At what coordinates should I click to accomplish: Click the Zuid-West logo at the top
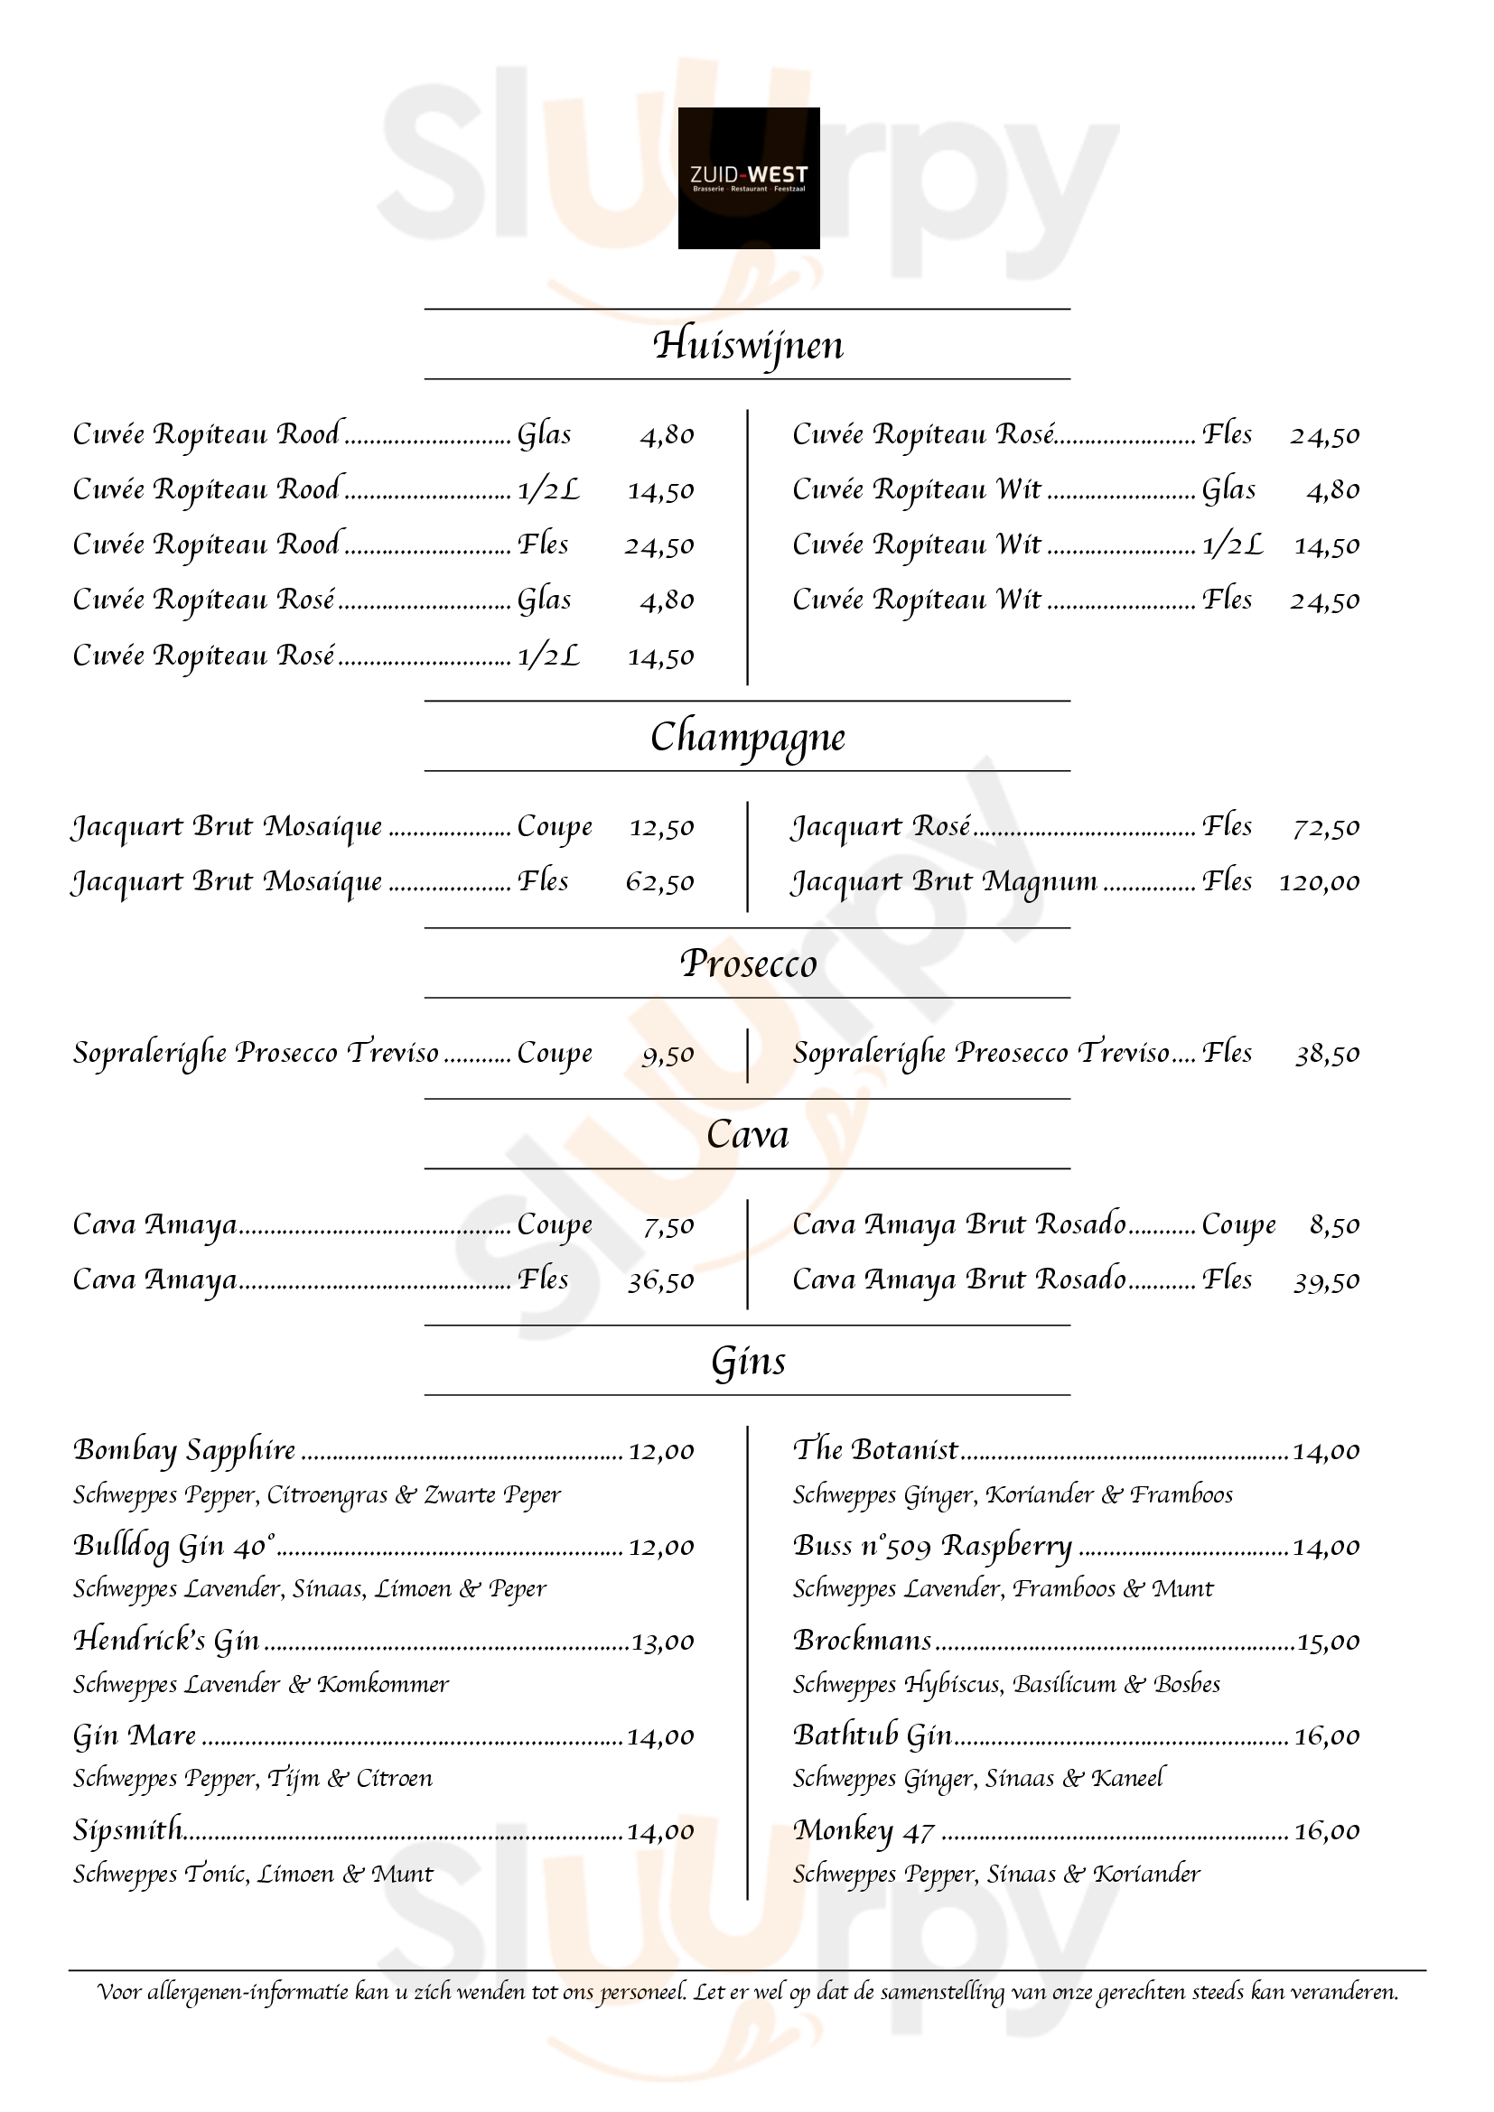(x=748, y=178)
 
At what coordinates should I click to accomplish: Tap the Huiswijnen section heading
(x=748, y=345)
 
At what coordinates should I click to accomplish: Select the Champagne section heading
(x=748, y=738)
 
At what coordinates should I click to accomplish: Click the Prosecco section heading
(x=748, y=964)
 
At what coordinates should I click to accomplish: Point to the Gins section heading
(x=748, y=1362)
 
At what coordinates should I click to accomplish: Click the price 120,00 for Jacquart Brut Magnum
(x=1318, y=882)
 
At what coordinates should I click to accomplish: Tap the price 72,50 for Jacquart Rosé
(x=1326, y=827)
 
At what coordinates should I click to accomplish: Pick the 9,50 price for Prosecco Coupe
(x=668, y=1054)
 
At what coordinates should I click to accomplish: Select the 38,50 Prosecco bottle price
(x=1327, y=1054)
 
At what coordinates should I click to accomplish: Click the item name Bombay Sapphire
(x=184, y=1450)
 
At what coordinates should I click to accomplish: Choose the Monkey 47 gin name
(x=864, y=1830)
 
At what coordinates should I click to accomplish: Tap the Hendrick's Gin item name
(x=166, y=1640)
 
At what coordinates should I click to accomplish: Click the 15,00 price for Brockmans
(x=1328, y=1642)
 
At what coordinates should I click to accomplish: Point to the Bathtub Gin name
(x=873, y=1735)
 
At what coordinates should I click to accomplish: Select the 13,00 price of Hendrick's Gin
(x=662, y=1642)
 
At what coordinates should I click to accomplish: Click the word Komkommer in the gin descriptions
(x=383, y=1684)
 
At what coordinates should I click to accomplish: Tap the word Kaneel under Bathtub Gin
(x=1128, y=1778)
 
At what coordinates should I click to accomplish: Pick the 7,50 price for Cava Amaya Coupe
(x=668, y=1226)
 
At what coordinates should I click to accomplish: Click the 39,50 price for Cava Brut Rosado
(x=1326, y=1281)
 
